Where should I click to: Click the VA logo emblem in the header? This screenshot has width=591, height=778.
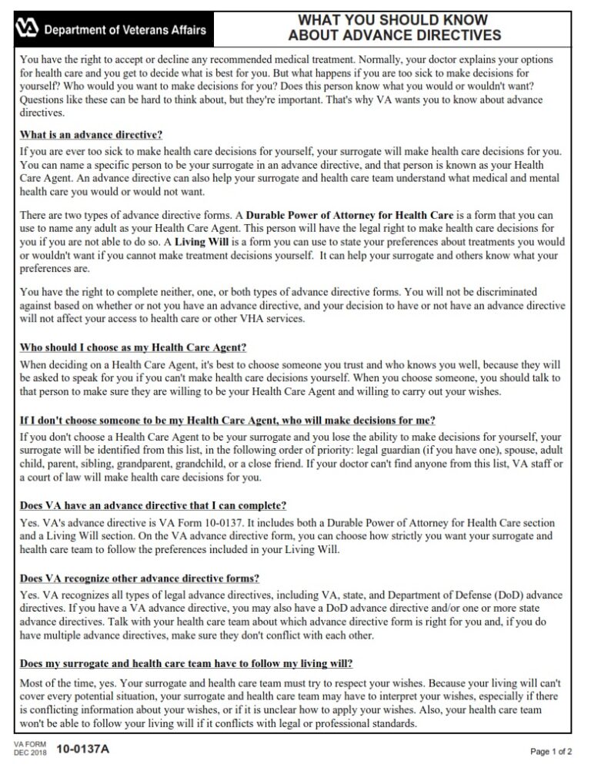28,29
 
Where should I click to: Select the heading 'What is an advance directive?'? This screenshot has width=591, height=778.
91,134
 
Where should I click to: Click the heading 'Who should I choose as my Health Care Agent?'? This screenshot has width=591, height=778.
133,347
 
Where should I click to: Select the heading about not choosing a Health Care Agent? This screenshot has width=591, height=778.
227,420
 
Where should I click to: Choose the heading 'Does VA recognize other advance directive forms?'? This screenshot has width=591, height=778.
139,578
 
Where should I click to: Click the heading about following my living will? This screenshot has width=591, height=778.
185,664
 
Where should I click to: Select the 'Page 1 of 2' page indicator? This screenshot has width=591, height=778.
551,752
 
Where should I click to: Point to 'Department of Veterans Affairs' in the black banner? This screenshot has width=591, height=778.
125,30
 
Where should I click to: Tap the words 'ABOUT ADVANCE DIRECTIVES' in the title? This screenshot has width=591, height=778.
394,35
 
